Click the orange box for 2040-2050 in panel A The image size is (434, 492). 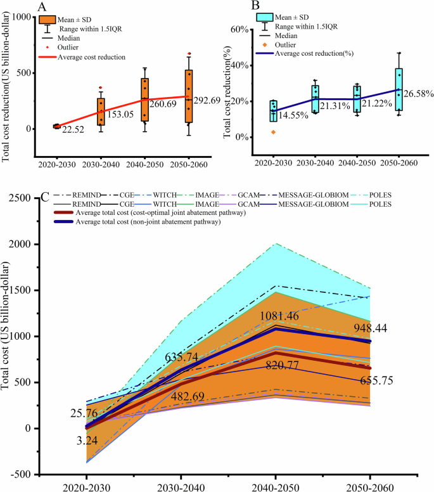click(146, 99)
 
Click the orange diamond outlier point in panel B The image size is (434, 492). click(273, 132)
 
